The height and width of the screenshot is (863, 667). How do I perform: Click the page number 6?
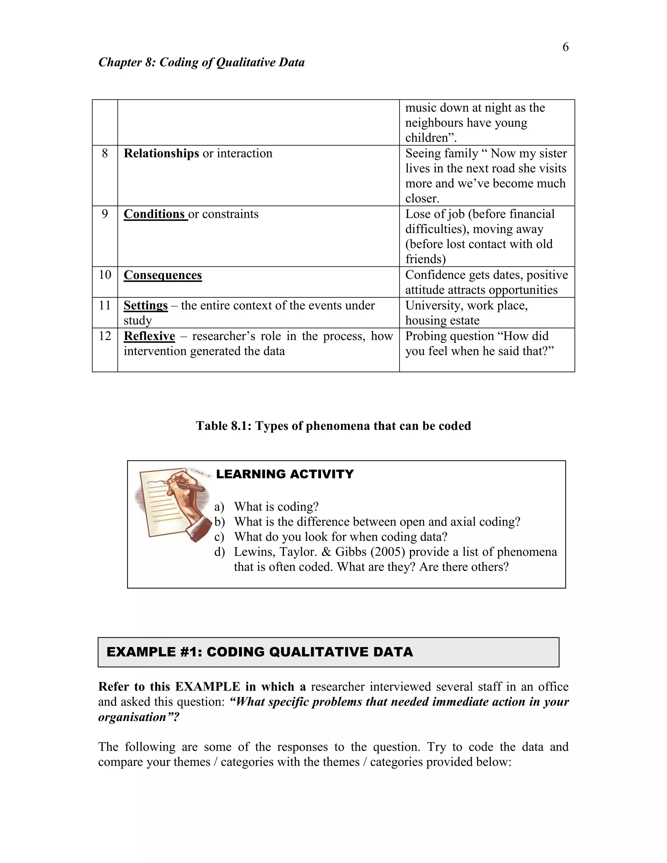tap(565, 47)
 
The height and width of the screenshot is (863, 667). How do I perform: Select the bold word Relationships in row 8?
tap(161, 153)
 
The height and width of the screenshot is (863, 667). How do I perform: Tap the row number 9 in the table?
tap(105, 214)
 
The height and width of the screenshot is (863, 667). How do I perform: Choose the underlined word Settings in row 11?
tap(145, 305)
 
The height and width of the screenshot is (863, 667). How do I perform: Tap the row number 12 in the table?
tap(105, 336)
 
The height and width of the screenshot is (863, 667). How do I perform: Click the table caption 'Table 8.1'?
tap(333, 426)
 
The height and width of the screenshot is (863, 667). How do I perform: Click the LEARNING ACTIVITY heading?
tap(285, 474)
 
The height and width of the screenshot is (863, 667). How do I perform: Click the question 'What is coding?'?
tap(276, 507)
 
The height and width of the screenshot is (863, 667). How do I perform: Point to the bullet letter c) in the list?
tap(219, 537)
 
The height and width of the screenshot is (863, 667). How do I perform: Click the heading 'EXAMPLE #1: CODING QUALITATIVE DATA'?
tap(260, 652)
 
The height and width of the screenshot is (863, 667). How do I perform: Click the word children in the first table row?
tap(428, 137)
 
